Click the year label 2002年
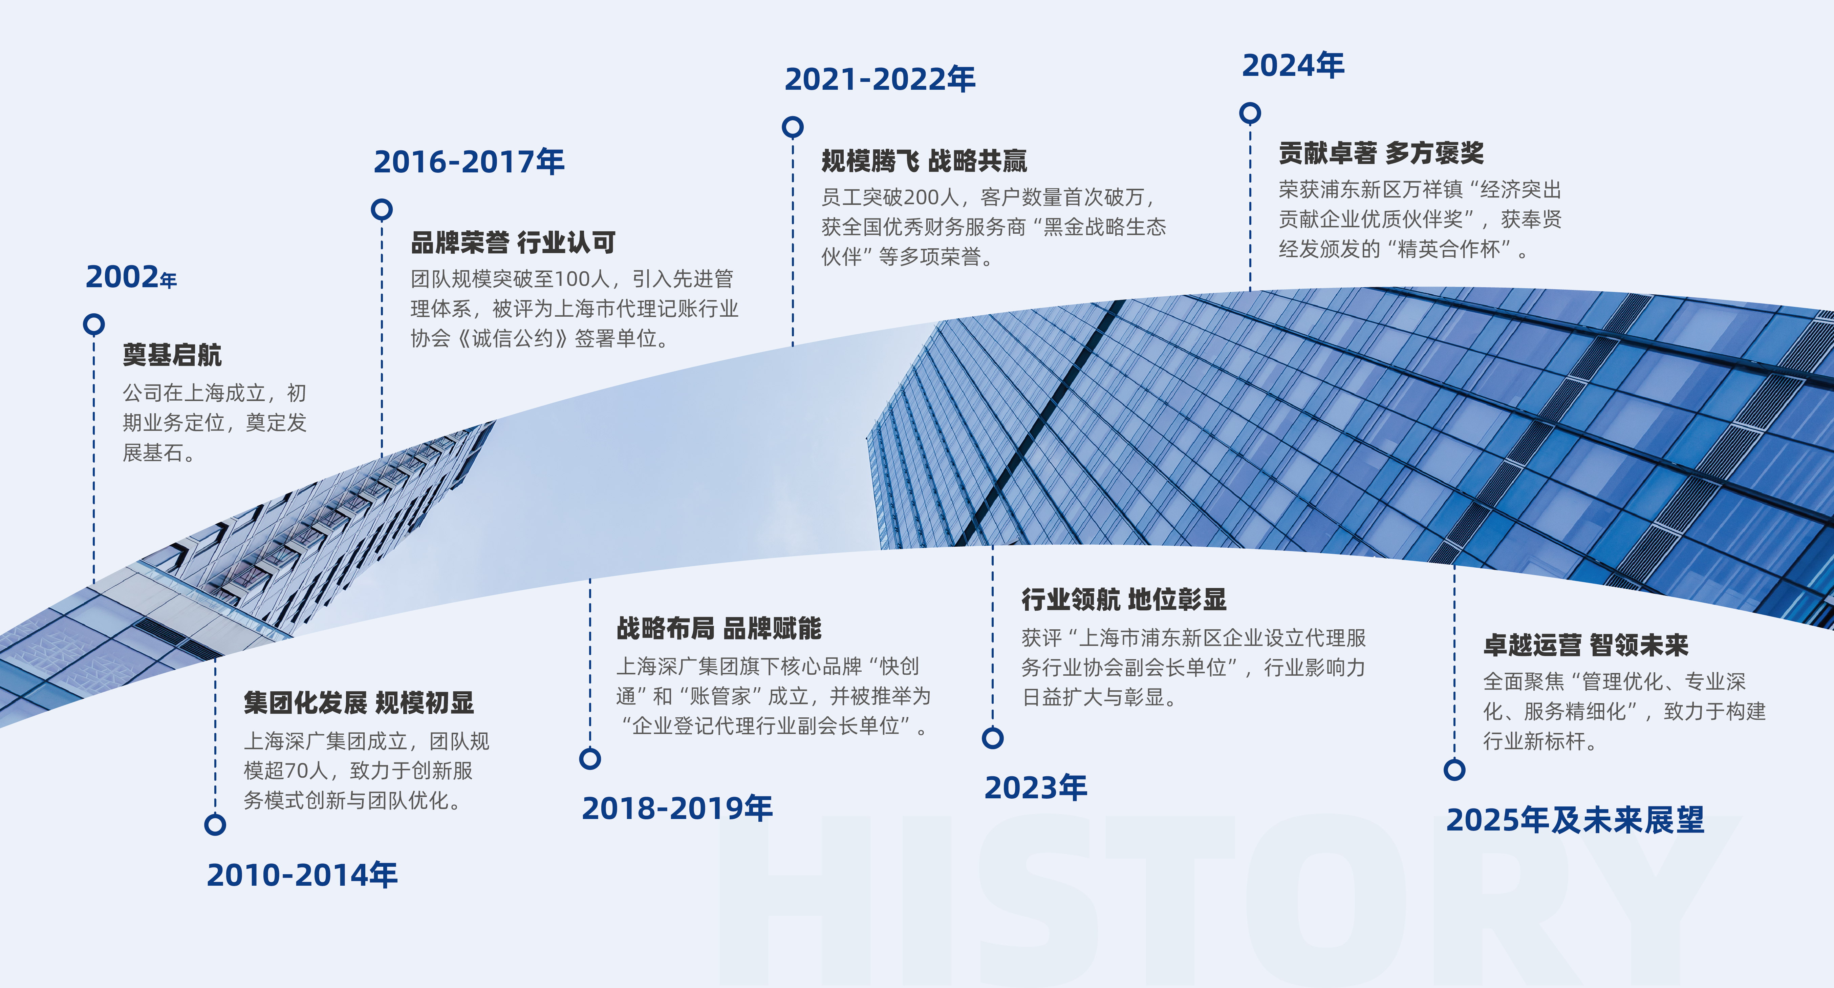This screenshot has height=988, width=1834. (131, 277)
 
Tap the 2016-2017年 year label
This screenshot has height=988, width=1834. (469, 162)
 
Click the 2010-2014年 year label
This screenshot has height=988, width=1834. (302, 875)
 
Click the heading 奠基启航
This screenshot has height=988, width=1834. (172, 355)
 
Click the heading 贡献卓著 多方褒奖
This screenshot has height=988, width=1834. (1381, 152)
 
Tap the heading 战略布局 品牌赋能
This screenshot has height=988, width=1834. (719, 628)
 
